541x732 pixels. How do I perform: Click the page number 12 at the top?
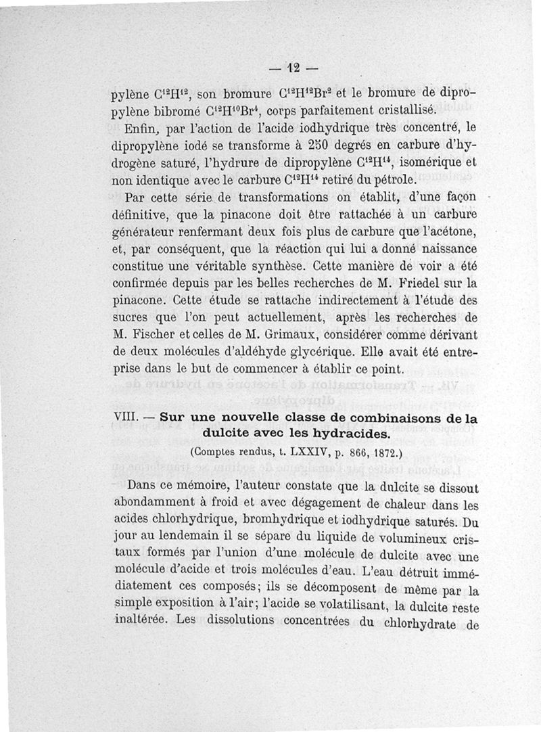click(293, 68)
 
